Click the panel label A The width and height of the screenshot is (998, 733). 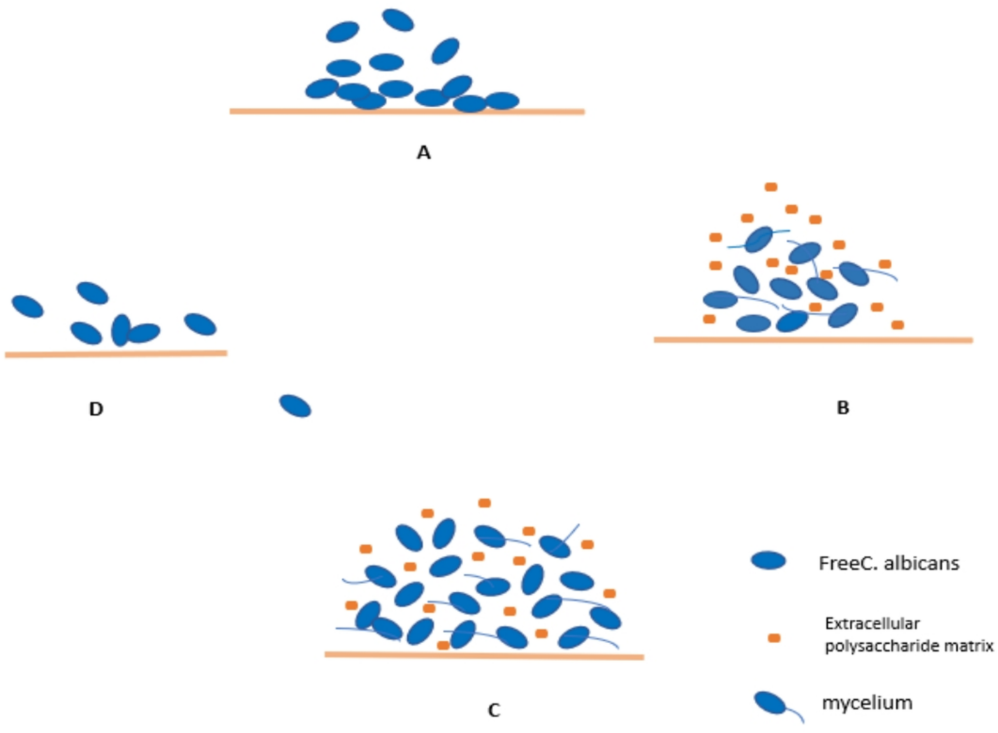(423, 153)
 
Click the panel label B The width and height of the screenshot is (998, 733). (843, 407)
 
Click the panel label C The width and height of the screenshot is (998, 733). (493, 710)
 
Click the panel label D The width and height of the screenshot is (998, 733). (96, 409)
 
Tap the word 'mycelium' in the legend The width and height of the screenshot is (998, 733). (867, 702)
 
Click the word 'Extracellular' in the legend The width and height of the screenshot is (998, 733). (872, 623)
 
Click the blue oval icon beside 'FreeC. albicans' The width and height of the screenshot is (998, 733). (768, 560)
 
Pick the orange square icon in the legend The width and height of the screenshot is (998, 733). (774, 638)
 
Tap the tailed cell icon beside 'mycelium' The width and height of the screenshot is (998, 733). (771, 702)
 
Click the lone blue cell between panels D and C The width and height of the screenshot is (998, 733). (295, 406)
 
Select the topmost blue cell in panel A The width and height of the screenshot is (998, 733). (398, 20)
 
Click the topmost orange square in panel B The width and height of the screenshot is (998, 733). (771, 187)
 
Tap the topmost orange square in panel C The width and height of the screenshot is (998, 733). (484, 503)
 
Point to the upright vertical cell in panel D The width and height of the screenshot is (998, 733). (121, 330)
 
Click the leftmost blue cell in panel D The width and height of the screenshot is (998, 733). (28, 307)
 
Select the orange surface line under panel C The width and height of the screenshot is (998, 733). (484, 655)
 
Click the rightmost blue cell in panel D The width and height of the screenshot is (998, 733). (200, 324)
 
